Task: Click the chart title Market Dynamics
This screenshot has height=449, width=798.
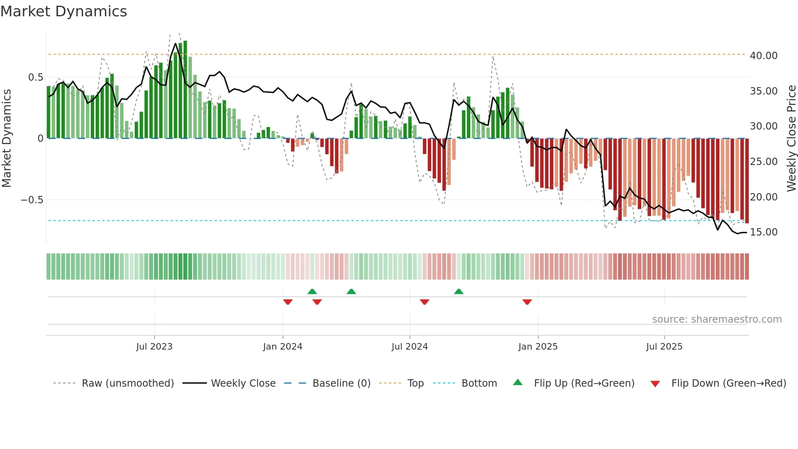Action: pos(64,11)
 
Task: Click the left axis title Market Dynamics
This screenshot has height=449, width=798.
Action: pos(7,139)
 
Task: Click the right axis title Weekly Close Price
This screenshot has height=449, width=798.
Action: pos(791,139)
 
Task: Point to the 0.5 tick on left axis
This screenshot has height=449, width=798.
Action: pos(35,77)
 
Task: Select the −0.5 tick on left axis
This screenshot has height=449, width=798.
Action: pos(32,200)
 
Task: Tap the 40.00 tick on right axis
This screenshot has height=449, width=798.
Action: pos(763,56)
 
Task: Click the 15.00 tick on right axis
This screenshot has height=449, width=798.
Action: pos(763,232)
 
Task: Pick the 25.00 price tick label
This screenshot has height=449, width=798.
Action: pos(763,162)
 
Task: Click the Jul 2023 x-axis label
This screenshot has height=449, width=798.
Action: pos(154,347)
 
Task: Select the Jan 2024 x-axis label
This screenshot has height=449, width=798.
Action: pos(283,347)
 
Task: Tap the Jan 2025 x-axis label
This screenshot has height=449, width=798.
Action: pos(538,347)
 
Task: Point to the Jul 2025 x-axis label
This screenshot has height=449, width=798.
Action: pos(664,347)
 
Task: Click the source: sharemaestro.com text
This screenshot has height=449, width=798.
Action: pos(717,319)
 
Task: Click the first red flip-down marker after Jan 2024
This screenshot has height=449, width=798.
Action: pos(288,302)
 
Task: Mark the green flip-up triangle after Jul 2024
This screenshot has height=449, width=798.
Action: pos(458,291)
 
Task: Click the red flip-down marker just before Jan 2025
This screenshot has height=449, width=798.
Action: pos(527,302)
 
